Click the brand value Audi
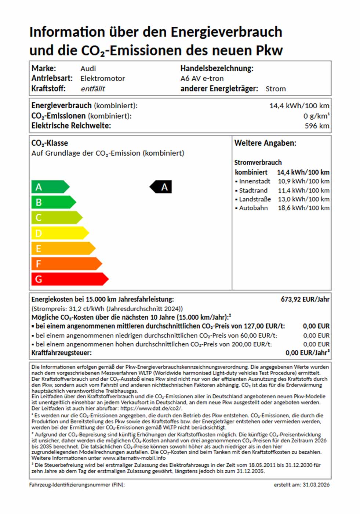tap(88, 69)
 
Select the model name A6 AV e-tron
tap(202, 79)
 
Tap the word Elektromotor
tap(103, 79)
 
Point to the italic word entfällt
tap(93, 89)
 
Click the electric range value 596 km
tap(317, 126)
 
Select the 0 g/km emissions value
tap(316, 116)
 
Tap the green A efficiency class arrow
tap(50, 187)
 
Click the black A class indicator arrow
tap(161, 187)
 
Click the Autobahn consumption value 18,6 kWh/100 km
tap(303, 208)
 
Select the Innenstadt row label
tap(254, 181)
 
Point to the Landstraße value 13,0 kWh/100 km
tap(303, 199)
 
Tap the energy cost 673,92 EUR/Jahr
tap(305, 300)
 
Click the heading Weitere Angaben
tap(265, 143)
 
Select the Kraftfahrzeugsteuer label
tap(61, 353)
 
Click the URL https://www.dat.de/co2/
tap(151, 408)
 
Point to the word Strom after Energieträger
tap(276, 89)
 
